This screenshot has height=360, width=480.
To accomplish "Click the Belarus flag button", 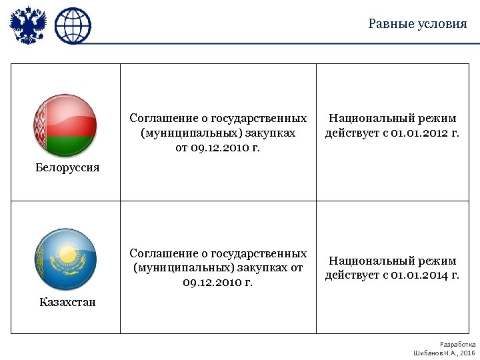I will click(65, 125).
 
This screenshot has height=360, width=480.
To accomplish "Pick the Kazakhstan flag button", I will click(65, 260).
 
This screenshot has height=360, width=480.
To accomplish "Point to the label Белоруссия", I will click(67, 167).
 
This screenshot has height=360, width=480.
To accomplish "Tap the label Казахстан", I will click(67, 302).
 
